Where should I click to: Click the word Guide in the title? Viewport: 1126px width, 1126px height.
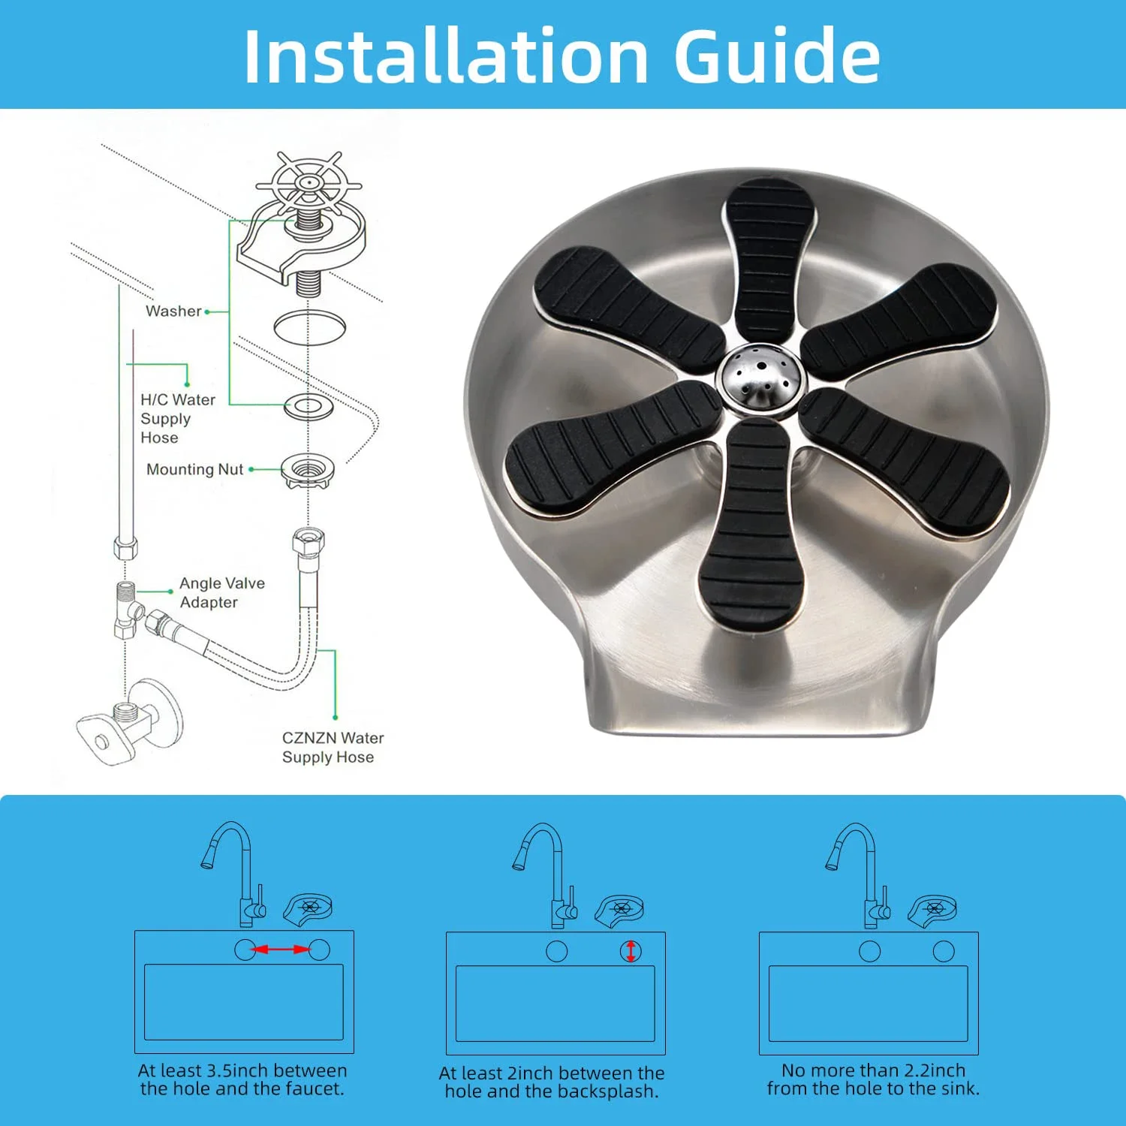[x=778, y=56]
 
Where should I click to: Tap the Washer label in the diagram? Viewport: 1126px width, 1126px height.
[x=173, y=311]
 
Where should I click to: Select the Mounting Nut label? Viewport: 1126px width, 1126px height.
[x=194, y=469]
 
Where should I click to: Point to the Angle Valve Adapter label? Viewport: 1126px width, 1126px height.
[x=222, y=592]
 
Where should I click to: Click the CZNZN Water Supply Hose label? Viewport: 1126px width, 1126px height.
[x=333, y=748]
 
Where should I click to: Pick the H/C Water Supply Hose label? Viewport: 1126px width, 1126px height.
[x=178, y=418]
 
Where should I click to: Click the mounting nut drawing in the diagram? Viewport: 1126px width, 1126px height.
[x=307, y=471]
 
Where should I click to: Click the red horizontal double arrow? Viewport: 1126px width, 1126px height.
[x=281, y=950]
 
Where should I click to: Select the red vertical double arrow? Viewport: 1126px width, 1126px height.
[x=631, y=952]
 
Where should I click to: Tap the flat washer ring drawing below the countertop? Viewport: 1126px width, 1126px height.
[x=309, y=407]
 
